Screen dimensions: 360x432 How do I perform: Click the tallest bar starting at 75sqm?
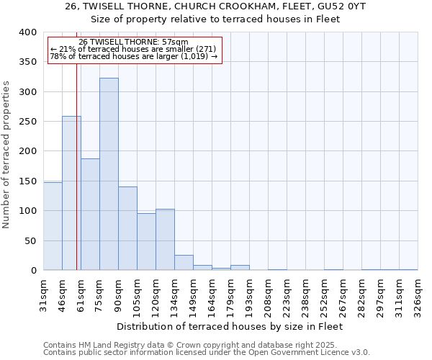pos(109,174)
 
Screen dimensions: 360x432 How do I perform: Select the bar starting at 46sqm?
pos(71,193)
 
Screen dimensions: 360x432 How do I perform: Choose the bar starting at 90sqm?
pos(127,228)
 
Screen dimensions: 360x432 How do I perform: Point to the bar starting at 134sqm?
pos(184,263)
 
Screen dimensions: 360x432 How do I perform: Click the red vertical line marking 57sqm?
pos(76,166)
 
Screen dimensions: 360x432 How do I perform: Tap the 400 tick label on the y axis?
pos(27,32)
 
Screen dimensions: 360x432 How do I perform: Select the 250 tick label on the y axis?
pos(27,122)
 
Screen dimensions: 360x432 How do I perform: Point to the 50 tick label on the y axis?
pos(30,240)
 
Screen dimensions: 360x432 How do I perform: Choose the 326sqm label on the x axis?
pos(418,294)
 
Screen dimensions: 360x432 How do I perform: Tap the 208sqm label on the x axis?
pos(268,294)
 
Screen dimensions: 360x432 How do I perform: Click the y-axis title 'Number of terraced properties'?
pos(7,155)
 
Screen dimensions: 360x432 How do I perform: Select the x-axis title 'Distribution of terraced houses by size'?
pos(229,326)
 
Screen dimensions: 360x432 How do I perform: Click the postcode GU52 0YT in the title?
pos(348,6)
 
